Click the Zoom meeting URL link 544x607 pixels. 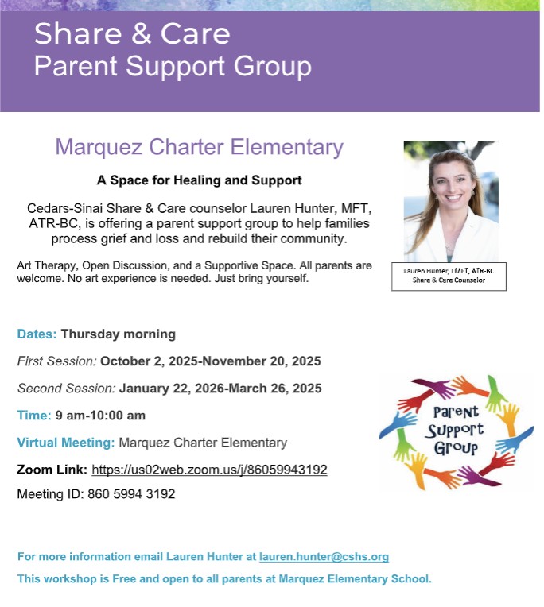pyautogui.click(x=209, y=470)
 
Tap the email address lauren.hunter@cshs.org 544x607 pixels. pyautogui.click(x=324, y=557)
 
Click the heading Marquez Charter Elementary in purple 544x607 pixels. pyautogui.click(x=199, y=147)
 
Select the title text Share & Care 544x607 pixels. pyautogui.click(x=132, y=33)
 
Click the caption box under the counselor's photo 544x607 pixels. pyautogui.click(x=449, y=276)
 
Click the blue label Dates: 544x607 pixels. pyautogui.click(x=37, y=334)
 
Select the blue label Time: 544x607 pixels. pyautogui.click(x=33, y=416)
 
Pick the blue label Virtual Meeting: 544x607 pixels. pyautogui.click(x=65, y=443)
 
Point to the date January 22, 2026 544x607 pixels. pyautogui.click(x=169, y=389)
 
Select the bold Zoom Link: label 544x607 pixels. pyautogui.click(x=52, y=470)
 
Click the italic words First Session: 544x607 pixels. pyautogui.click(x=57, y=361)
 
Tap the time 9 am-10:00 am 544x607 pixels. pyautogui.click(x=100, y=416)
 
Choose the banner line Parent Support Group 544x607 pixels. pyautogui.click(x=173, y=66)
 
